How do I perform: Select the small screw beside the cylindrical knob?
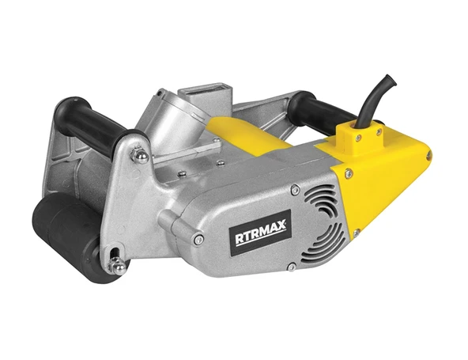[x=199, y=239]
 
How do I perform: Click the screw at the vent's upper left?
[x=293, y=189]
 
